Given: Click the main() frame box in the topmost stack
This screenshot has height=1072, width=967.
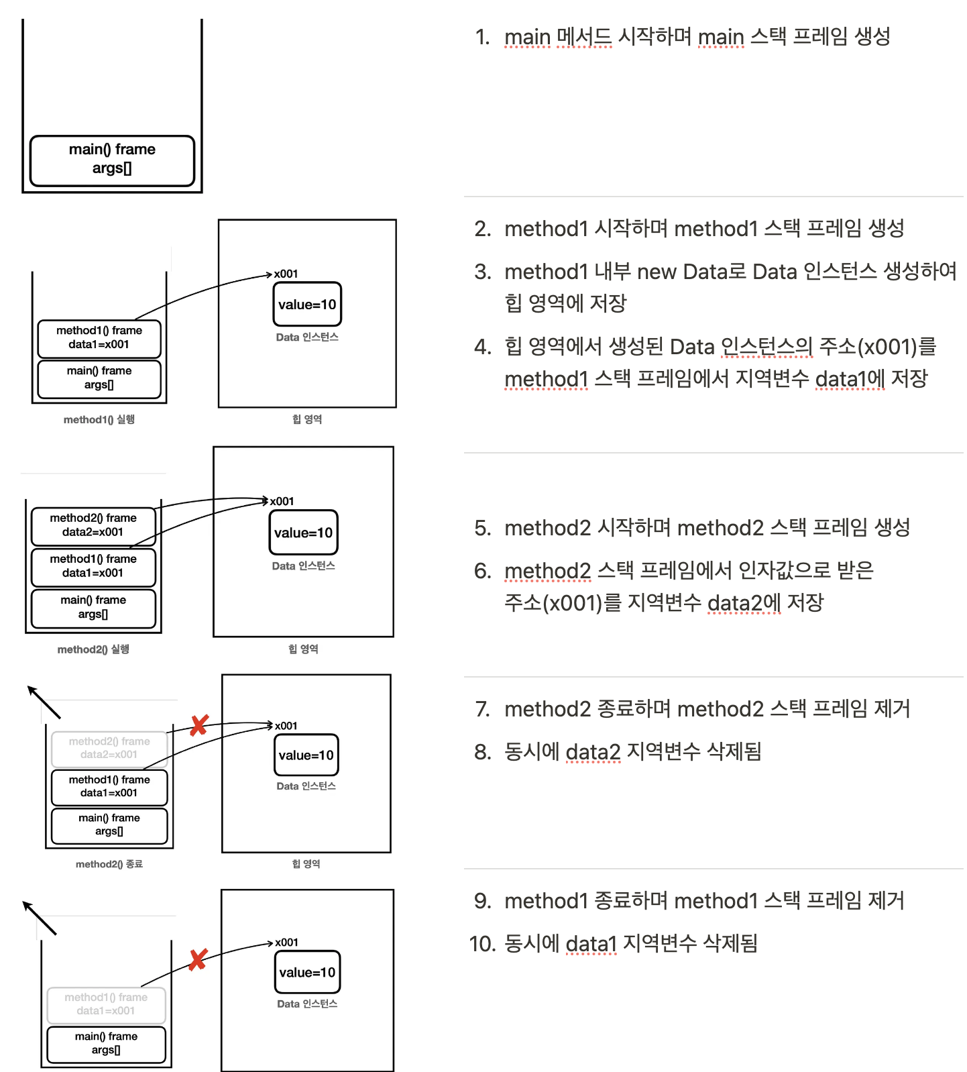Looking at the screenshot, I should pyautogui.click(x=112, y=160).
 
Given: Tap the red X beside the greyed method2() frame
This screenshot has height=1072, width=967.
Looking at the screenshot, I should pyautogui.click(x=199, y=725).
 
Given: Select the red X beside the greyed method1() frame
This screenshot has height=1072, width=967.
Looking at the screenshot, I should pyautogui.click(x=198, y=959).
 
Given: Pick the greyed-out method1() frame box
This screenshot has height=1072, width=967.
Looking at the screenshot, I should pyautogui.click(x=106, y=1004).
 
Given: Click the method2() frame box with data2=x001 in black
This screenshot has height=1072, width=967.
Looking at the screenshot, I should pyautogui.click(x=93, y=525).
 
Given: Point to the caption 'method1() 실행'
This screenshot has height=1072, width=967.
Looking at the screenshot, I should pyautogui.click(x=99, y=420).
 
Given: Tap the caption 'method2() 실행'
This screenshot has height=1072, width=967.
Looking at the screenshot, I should pyautogui.click(x=93, y=649).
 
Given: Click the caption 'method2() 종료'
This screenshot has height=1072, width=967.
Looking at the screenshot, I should pyautogui.click(x=109, y=864).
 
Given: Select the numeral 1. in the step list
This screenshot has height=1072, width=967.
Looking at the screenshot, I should pyautogui.click(x=483, y=37).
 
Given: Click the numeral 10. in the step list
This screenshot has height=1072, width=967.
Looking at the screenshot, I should pyautogui.click(x=482, y=944).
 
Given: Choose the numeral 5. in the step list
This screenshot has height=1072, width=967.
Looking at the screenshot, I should pyautogui.click(x=483, y=528).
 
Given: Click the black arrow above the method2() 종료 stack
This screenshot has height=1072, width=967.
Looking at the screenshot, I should pyautogui.click(x=44, y=702).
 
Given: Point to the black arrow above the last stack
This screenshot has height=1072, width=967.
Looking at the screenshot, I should pyautogui.click(x=39, y=918).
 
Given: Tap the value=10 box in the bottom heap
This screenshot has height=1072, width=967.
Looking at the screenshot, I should pyautogui.click(x=307, y=972).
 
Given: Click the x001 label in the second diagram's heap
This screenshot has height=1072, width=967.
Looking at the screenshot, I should pyautogui.click(x=286, y=274).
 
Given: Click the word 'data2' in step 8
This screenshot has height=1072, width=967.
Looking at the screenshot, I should pyautogui.click(x=593, y=752).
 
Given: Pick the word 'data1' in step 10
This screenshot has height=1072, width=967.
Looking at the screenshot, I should pyautogui.click(x=591, y=944).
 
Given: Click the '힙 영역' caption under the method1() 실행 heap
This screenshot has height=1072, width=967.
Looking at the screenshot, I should pyautogui.click(x=307, y=419).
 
